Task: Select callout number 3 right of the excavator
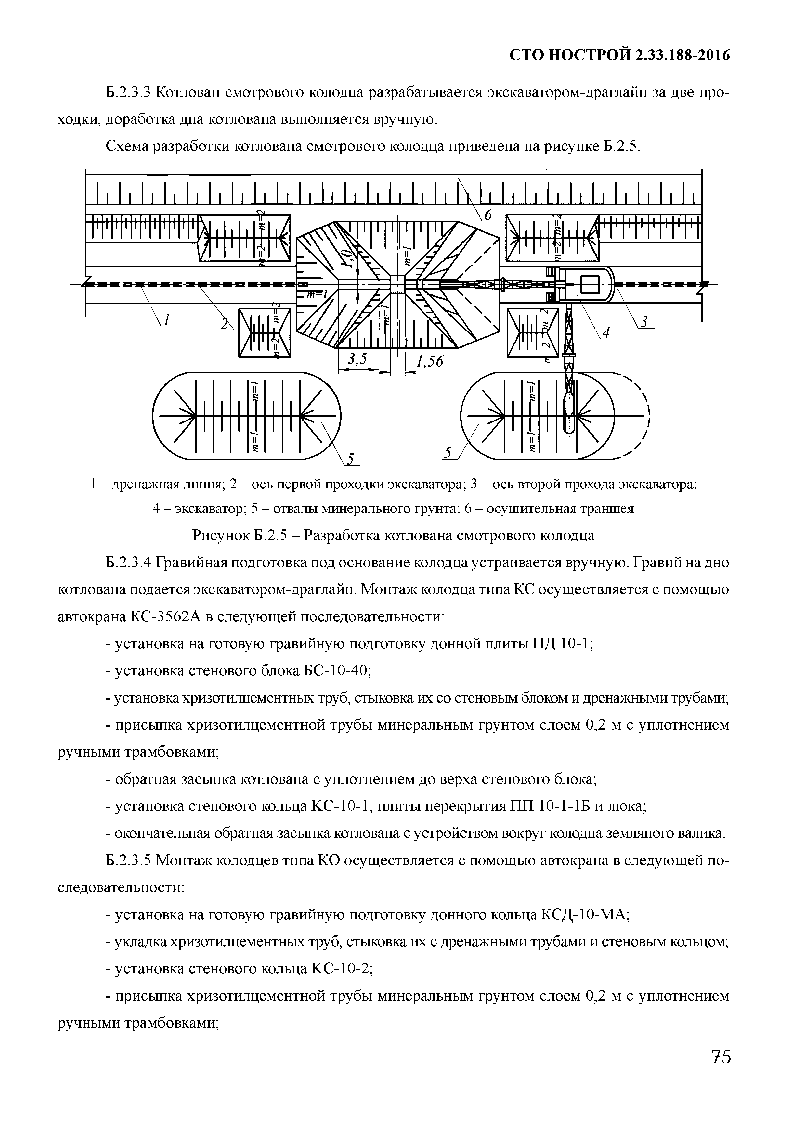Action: coord(644,322)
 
